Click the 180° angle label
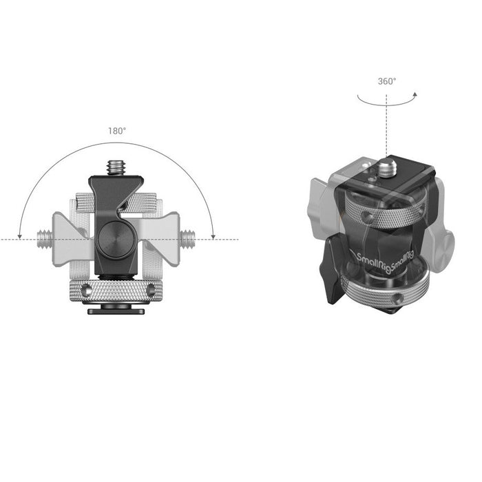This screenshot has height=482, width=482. pos(116,131)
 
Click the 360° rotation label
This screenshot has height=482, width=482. pos(386,81)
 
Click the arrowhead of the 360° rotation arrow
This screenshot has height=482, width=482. pos(415,94)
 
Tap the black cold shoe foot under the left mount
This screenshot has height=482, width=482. pos(115,310)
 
